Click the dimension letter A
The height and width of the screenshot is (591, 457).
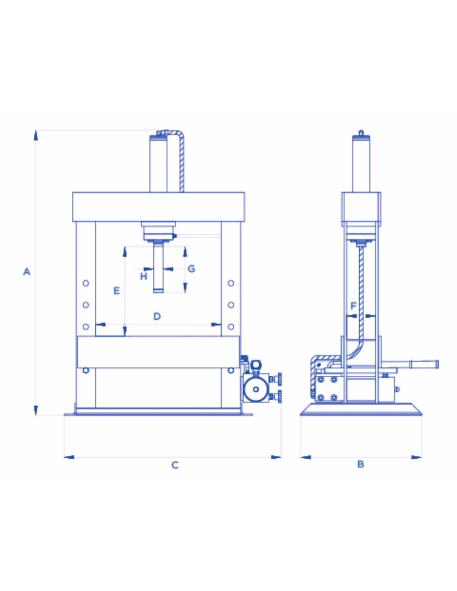26,271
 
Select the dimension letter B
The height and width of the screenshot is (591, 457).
360,464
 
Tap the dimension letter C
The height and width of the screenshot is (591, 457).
175,465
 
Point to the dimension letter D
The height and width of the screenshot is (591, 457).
157,316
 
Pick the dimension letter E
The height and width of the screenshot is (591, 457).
116,291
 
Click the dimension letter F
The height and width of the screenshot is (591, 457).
353,306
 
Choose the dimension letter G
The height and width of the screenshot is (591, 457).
192,269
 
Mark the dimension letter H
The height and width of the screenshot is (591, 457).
144,277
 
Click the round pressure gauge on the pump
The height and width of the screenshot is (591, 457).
256,389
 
